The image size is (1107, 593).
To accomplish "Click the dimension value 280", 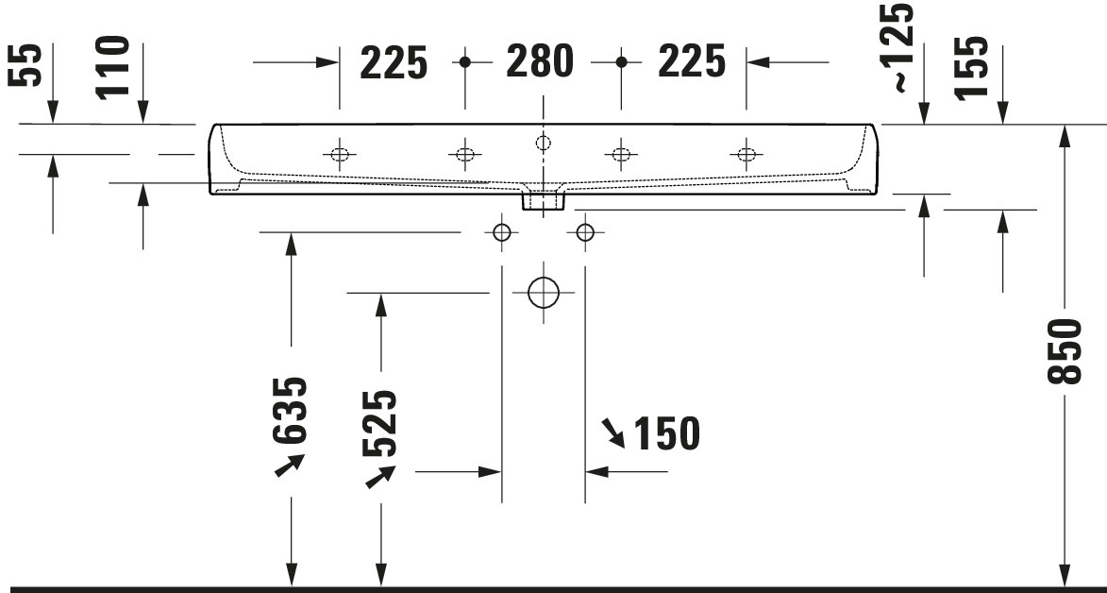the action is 540,61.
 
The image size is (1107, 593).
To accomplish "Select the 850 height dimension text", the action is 1065,351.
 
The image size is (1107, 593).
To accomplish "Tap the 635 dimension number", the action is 290,410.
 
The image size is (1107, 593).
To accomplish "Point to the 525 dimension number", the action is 379,423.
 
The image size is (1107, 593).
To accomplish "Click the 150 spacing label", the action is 667,433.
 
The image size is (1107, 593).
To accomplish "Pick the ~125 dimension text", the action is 903,48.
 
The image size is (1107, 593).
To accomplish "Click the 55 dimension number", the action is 25,65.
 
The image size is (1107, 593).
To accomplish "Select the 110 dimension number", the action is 113,67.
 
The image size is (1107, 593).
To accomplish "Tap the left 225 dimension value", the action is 394,62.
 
